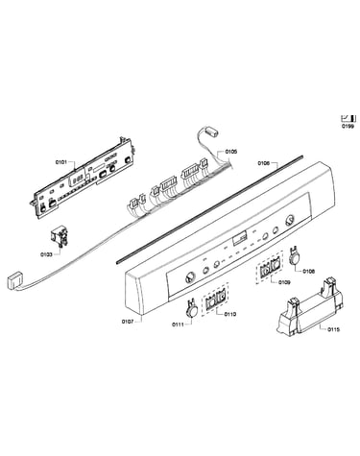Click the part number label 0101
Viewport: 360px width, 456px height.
pyautogui.click(x=60, y=162)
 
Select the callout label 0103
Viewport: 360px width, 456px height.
pyautogui.click(x=46, y=254)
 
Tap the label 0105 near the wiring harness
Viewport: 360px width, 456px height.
pyautogui.click(x=231, y=152)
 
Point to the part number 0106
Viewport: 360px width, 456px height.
pyautogui.click(x=263, y=163)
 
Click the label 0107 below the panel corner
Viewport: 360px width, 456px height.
pyautogui.click(x=128, y=322)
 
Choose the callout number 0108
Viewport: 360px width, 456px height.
pyautogui.click(x=308, y=272)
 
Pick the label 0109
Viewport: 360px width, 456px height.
pyautogui.click(x=284, y=282)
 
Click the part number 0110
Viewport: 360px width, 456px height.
pyautogui.click(x=230, y=314)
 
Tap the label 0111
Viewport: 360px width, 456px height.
pyautogui.click(x=178, y=324)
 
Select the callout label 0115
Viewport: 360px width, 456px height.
pyautogui.click(x=334, y=329)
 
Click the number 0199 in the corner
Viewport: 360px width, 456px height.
pyautogui.click(x=348, y=127)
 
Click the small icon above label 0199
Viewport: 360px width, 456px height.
pyautogui.click(x=348, y=118)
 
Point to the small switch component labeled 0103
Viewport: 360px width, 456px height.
pyautogui.click(x=60, y=238)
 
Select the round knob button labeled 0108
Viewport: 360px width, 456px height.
pyautogui.click(x=295, y=256)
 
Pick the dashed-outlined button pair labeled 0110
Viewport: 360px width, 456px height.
pyautogui.click(x=215, y=300)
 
